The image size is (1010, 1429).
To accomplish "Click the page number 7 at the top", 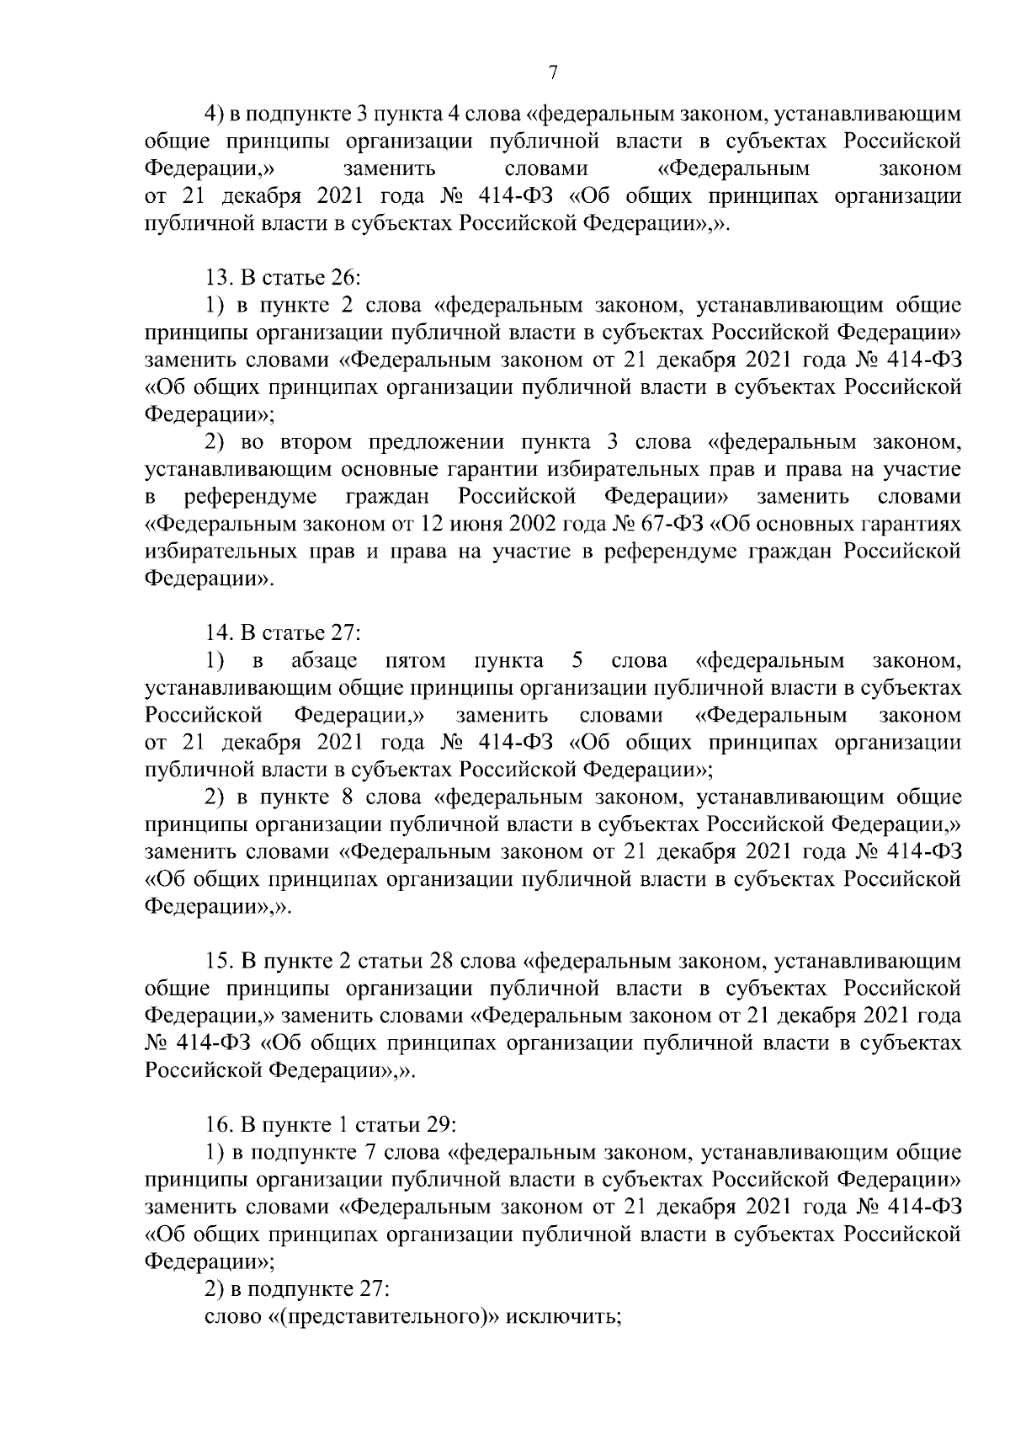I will click(553, 74).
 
